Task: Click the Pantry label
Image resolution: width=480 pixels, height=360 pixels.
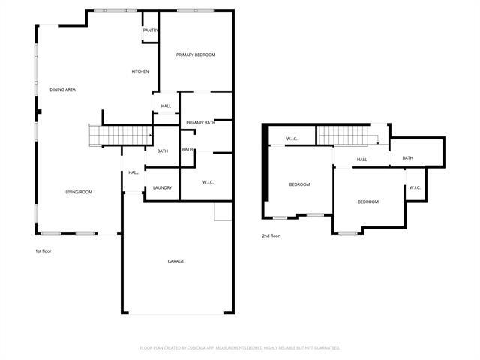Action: (x=150, y=31)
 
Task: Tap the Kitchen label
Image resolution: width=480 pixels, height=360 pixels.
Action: (x=140, y=71)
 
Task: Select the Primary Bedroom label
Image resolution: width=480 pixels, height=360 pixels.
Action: (x=196, y=55)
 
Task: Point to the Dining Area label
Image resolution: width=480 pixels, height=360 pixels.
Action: (x=62, y=89)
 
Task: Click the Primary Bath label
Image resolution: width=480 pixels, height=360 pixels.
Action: (x=200, y=122)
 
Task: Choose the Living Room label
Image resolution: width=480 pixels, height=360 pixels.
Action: (x=79, y=193)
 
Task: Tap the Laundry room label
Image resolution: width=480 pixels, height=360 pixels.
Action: (x=163, y=187)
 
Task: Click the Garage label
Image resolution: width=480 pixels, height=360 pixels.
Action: (x=175, y=261)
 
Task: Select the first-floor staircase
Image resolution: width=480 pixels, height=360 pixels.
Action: (x=121, y=135)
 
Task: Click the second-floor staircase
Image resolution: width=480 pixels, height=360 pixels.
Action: (x=346, y=135)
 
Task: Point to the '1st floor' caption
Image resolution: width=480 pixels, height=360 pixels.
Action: (x=43, y=251)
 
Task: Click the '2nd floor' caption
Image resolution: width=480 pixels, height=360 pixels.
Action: (x=271, y=236)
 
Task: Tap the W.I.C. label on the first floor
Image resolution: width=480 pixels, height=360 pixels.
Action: (x=208, y=182)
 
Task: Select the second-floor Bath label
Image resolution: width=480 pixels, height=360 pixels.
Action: (x=407, y=157)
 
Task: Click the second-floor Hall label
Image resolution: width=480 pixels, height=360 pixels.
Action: (x=361, y=160)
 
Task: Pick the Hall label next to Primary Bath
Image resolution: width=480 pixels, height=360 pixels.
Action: (x=166, y=106)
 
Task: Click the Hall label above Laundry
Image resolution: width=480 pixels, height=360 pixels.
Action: (x=133, y=172)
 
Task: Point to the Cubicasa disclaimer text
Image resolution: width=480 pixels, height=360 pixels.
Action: (x=240, y=348)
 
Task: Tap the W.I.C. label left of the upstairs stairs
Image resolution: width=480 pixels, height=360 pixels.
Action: (x=293, y=138)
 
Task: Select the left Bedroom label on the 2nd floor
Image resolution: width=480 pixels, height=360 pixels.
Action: (x=299, y=184)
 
